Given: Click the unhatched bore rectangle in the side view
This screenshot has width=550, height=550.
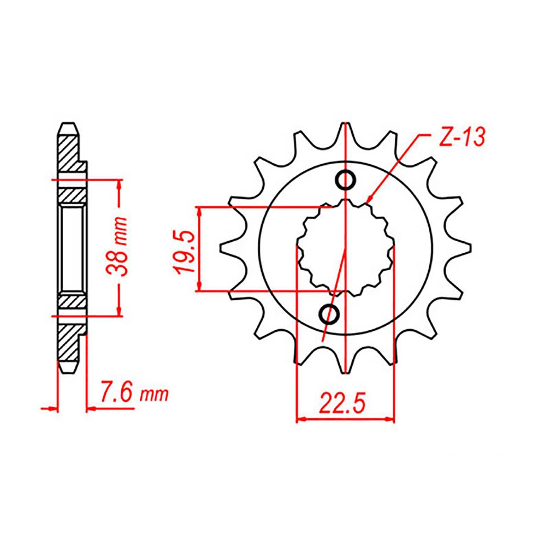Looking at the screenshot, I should [72, 248].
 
